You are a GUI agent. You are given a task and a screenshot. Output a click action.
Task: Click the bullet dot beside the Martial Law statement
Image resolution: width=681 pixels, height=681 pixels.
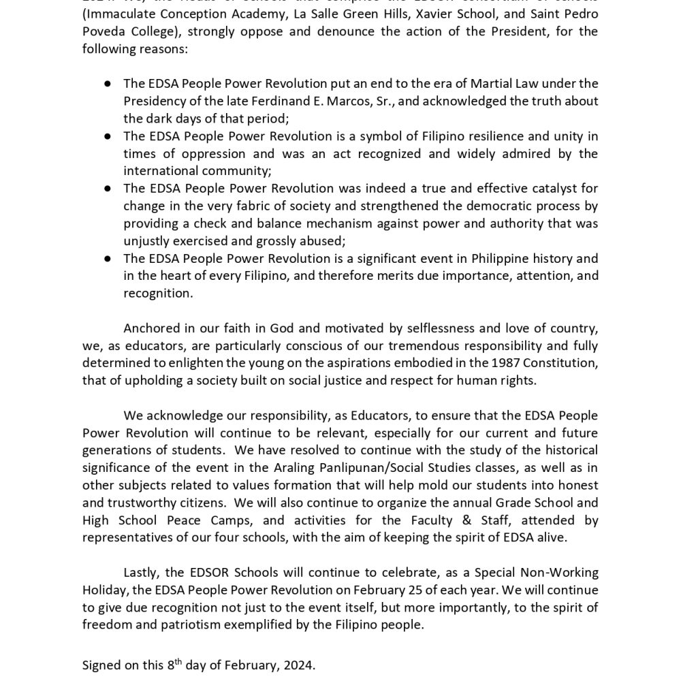click(108, 83)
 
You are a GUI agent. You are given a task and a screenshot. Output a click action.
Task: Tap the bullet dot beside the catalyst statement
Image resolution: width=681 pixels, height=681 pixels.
click(108, 189)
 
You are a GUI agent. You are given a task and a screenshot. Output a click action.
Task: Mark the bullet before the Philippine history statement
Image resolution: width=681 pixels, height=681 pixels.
click(108, 259)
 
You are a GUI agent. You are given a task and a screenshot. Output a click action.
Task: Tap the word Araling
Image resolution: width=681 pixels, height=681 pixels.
click(312, 468)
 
